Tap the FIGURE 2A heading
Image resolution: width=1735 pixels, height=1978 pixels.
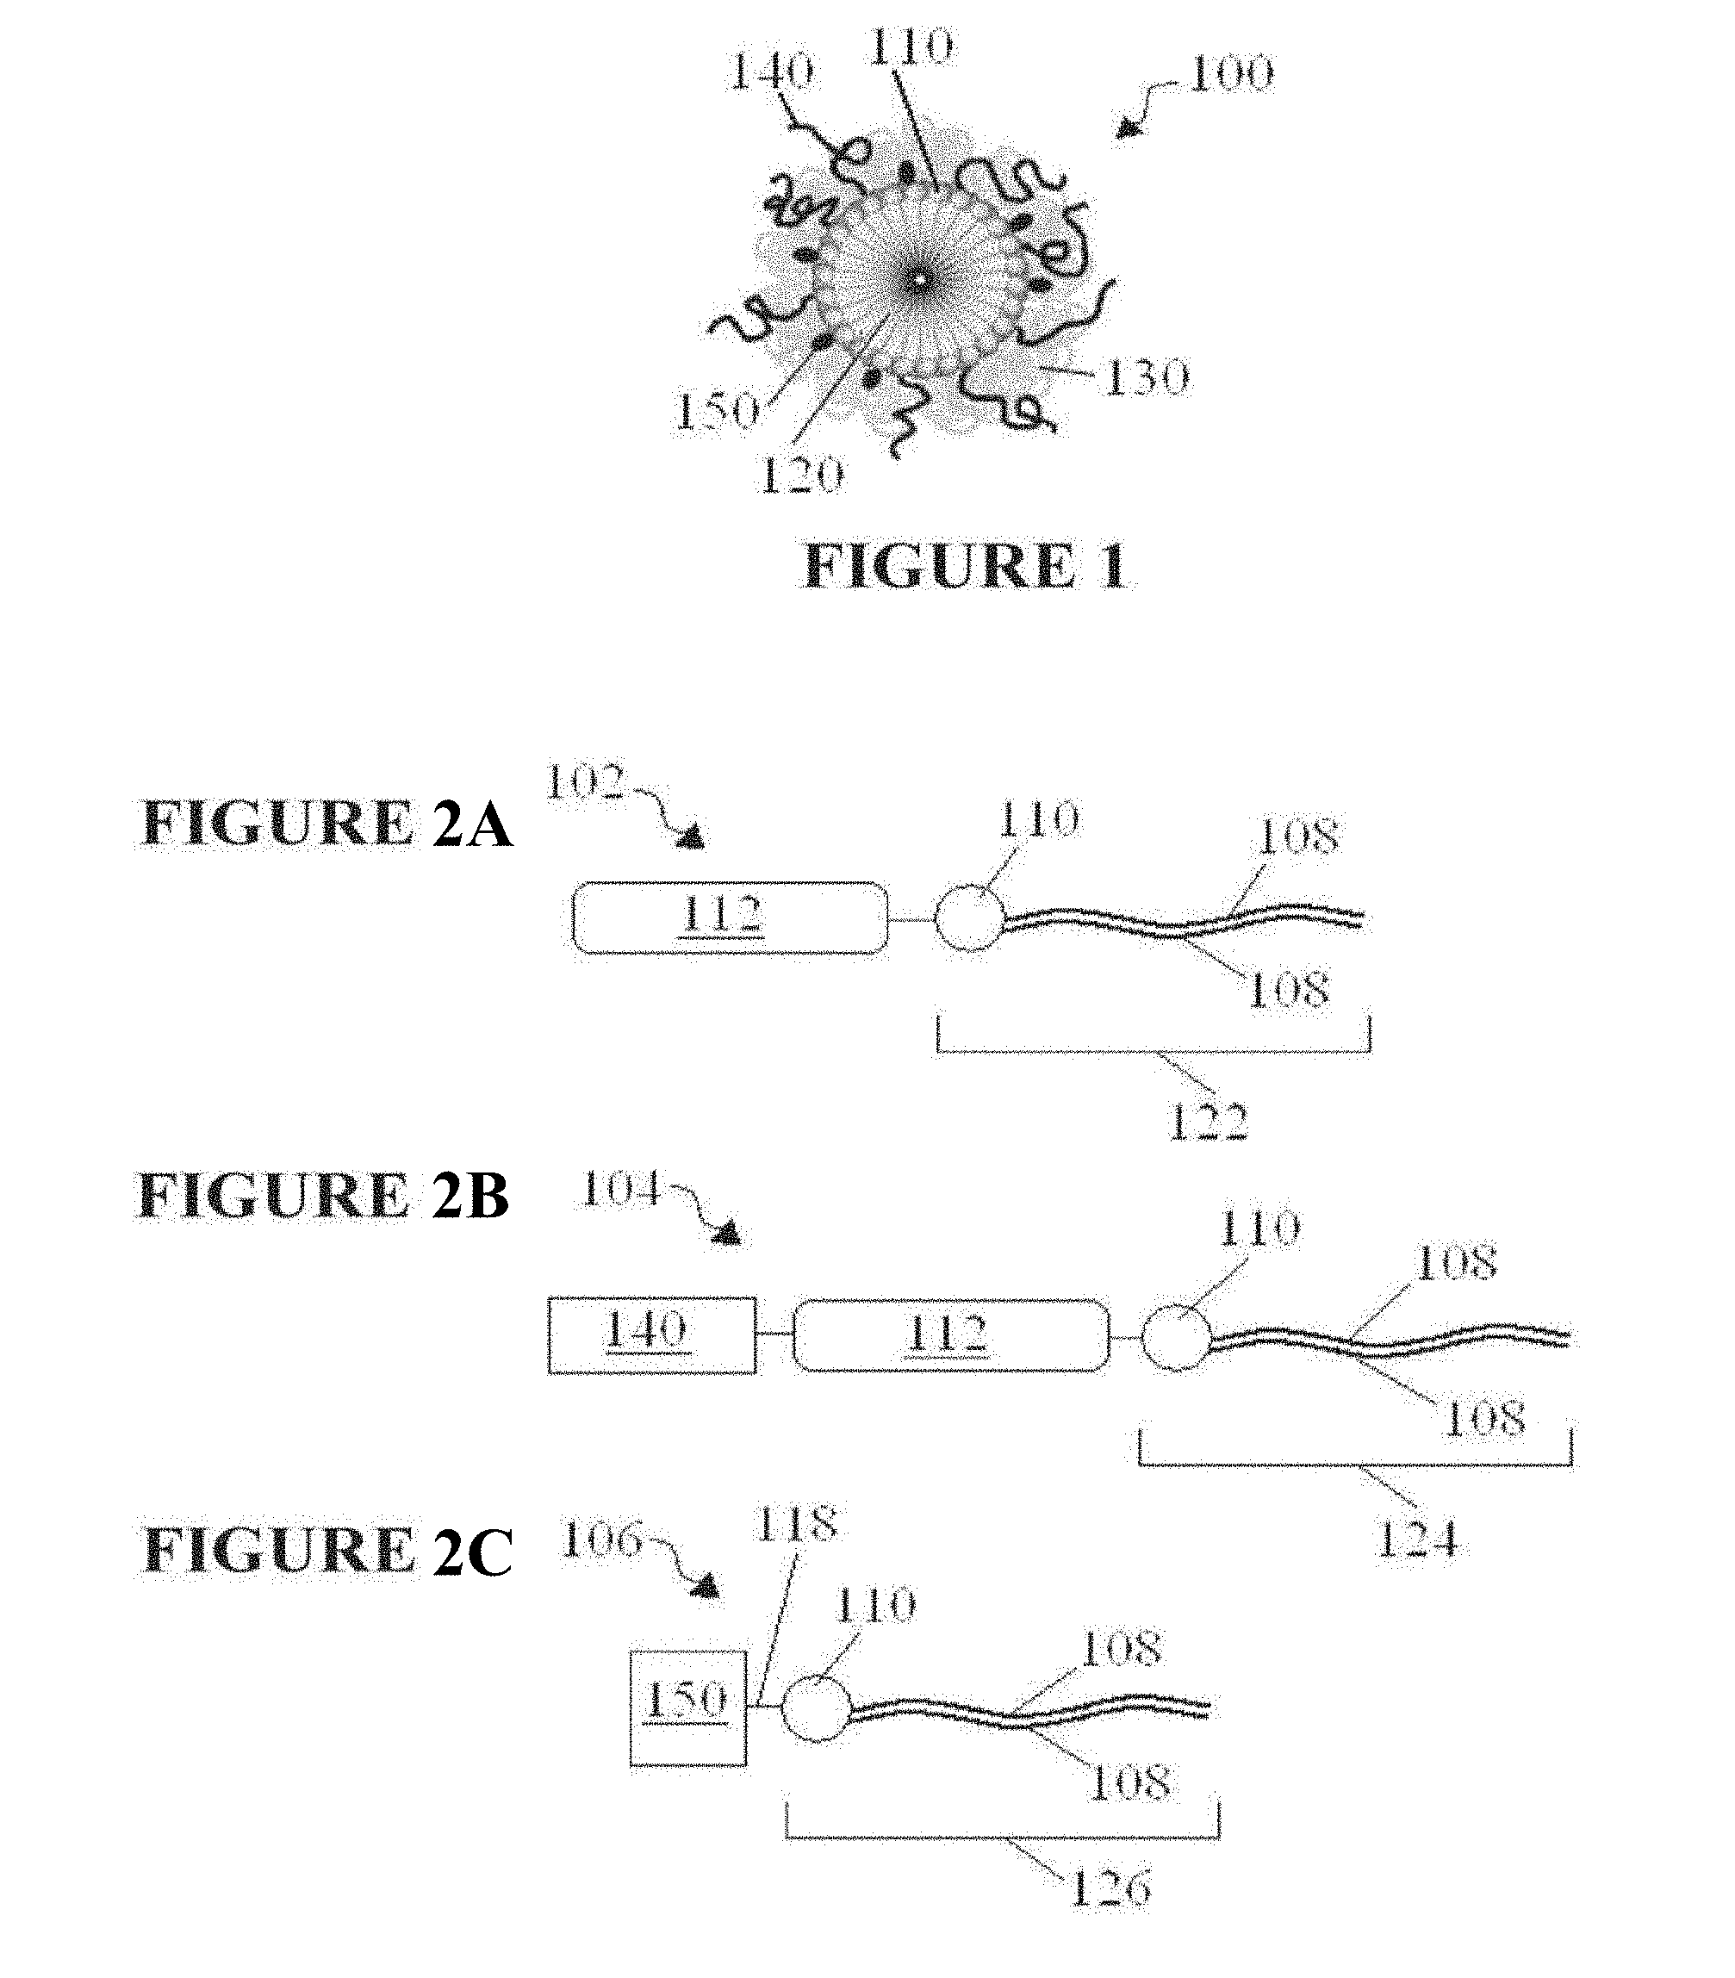point(326,824)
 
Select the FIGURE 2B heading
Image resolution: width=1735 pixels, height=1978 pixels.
point(323,1195)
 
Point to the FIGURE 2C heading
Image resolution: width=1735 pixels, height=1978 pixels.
point(327,1552)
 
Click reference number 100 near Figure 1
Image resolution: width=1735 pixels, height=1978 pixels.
point(1232,73)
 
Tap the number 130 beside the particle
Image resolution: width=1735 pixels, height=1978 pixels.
point(1147,377)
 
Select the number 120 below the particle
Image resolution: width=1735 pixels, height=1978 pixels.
point(801,474)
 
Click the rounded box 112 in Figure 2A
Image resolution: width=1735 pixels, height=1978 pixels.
point(730,917)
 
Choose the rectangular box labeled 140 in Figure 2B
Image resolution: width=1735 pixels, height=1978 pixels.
point(652,1334)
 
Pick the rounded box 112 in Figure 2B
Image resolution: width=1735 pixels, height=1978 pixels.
point(951,1334)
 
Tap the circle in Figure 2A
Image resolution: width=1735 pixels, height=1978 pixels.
point(970,917)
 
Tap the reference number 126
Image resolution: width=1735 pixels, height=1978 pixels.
point(1110,1887)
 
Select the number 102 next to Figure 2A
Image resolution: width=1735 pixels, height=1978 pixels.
point(587,782)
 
